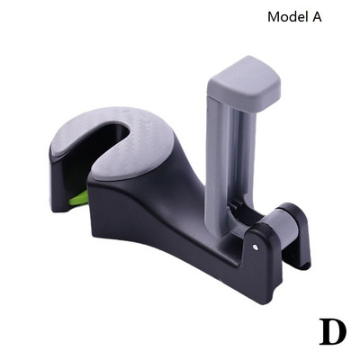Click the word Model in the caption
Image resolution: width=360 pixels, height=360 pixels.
click(x=288, y=17)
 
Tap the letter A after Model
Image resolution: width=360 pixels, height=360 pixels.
click(x=317, y=17)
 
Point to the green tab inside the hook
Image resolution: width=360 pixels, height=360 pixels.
click(x=78, y=198)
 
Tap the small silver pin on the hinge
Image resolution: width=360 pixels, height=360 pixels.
click(x=256, y=247)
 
